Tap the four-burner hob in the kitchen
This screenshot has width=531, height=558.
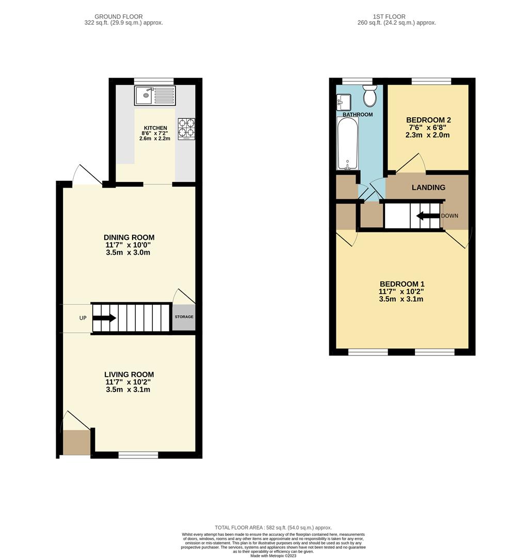point(187,129)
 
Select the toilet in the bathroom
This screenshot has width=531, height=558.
point(369,96)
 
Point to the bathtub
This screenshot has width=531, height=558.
point(346,143)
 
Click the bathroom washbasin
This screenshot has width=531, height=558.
point(344,102)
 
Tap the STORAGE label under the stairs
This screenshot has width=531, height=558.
point(184,317)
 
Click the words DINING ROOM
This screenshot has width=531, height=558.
point(129,238)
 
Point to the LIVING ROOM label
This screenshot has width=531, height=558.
point(129,375)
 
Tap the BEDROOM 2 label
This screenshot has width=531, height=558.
point(428,120)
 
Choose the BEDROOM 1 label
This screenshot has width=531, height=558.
point(402,284)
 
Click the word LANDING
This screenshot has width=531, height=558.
point(428,188)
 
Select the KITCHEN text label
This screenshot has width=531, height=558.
point(155,128)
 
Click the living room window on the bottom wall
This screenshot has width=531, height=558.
point(138,455)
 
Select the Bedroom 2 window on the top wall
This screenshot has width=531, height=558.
point(431,81)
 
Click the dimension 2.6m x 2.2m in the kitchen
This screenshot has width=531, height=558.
point(155,138)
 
